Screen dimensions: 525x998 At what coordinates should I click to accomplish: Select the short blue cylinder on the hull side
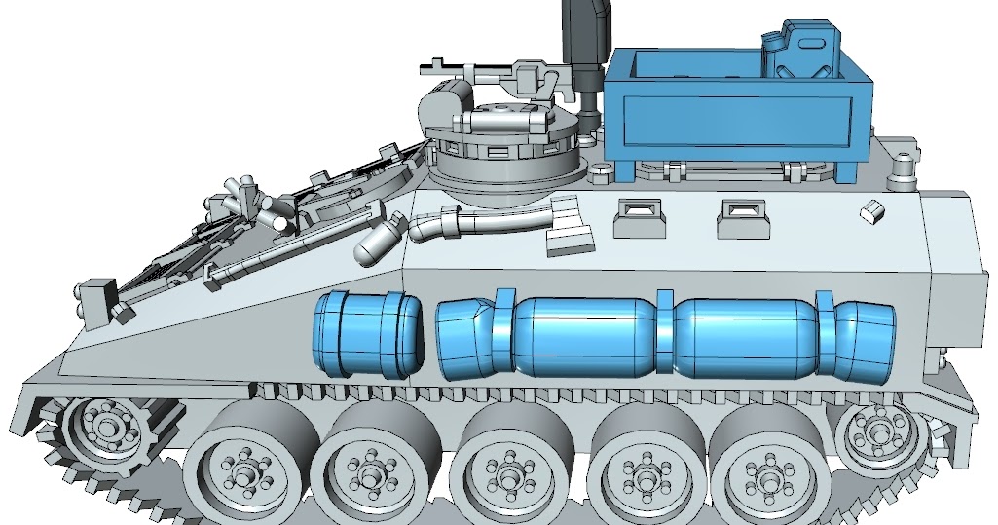click(366, 334)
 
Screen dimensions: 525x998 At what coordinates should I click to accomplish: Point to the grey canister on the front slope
click(379, 241)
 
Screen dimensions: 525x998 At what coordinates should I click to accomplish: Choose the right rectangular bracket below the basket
click(745, 219)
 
